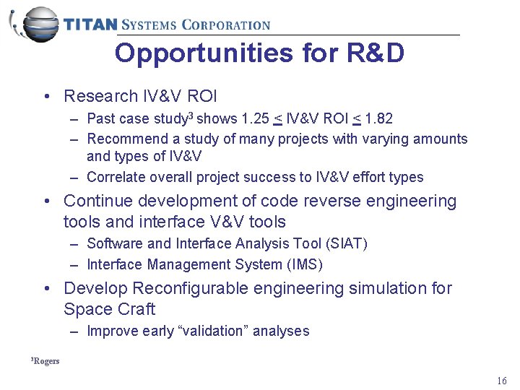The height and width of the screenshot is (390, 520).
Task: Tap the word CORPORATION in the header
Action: tap(226, 25)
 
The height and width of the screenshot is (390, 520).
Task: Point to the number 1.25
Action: tap(256, 118)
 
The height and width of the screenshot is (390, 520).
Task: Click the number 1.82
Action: tap(378, 118)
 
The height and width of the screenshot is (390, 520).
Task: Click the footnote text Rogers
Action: tap(47, 361)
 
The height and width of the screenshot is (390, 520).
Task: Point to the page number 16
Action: tap(502, 381)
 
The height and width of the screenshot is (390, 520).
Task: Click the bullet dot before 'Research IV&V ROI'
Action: tap(46, 96)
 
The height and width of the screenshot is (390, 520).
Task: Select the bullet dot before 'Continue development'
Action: tap(46, 201)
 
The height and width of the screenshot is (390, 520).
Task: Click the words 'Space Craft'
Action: tap(109, 309)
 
